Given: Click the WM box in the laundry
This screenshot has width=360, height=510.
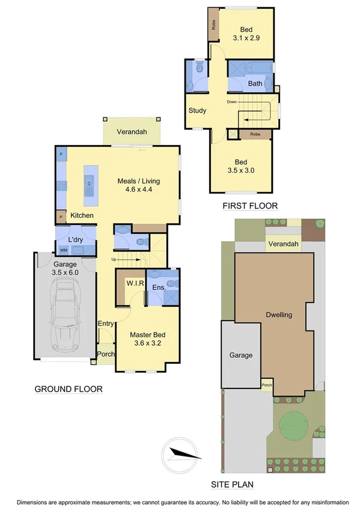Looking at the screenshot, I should pos(63,250).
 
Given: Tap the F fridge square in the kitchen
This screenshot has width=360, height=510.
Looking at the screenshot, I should pos(61,155).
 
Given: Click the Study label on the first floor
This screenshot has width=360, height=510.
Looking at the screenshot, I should pos(198,111).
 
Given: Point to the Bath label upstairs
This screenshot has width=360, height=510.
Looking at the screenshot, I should pos(255,84).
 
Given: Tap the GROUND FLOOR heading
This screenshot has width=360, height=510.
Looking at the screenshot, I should pos(68,389).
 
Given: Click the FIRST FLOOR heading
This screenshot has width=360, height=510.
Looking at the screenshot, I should pos(250,206).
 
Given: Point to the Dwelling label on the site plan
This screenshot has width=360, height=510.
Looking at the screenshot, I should pos(279,315).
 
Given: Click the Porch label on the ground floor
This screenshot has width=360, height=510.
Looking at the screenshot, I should pos(106,354).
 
